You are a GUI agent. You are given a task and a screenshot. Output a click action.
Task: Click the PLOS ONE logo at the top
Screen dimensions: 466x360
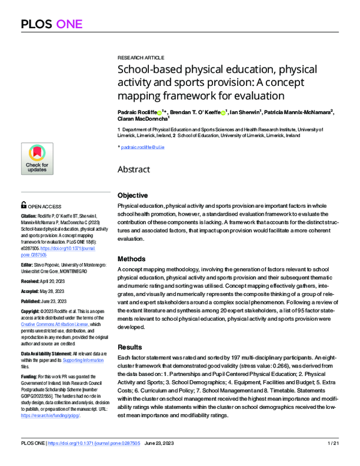51,24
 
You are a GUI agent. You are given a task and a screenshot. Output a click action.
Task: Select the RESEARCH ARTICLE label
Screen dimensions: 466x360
142,53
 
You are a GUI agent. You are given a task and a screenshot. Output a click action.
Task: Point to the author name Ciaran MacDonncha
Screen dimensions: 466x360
142,119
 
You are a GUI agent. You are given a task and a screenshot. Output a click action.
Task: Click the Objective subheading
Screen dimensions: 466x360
133,196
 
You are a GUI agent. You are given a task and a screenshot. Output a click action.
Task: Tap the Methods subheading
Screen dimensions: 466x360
131,258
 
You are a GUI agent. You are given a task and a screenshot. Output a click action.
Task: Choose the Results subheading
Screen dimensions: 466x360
130,347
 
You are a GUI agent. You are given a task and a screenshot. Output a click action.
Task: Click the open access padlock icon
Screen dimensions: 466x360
23,204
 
